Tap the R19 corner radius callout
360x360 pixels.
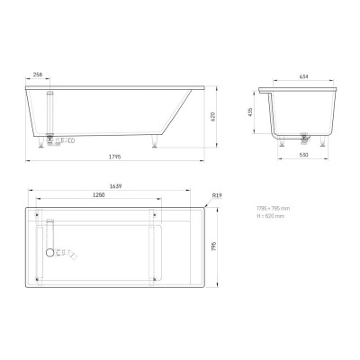click(x=217, y=195)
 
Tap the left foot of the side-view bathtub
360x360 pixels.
click(x=42, y=141)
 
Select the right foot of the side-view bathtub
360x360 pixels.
click(x=158, y=141)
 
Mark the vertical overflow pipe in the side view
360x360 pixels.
click(x=52, y=112)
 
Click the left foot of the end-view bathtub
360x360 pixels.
click(x=282, y=141)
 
